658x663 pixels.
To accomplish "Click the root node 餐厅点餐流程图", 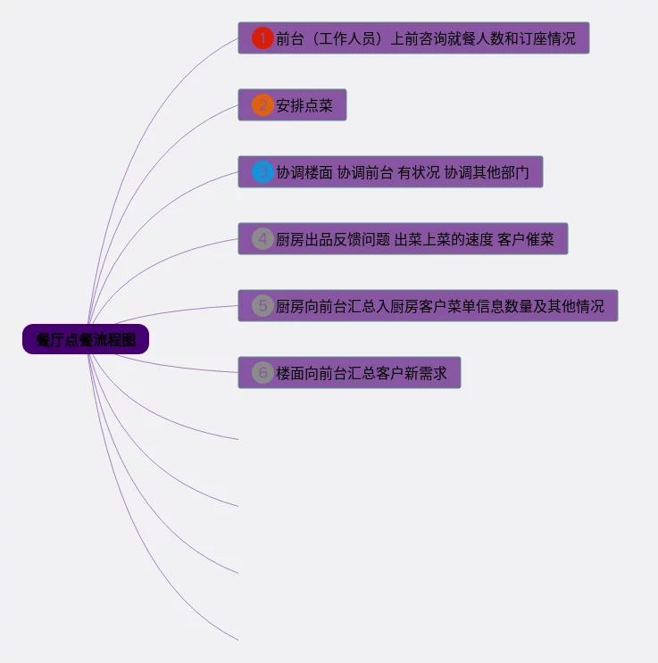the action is tap(86, 340).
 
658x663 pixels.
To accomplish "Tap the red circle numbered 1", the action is tap(262, 38).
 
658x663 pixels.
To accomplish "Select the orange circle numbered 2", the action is tap(262, 105).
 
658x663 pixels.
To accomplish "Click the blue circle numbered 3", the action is tap(262, 172).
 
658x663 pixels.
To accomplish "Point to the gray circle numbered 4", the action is tap(262, 239).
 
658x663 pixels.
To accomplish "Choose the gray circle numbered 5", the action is tap(262, 306).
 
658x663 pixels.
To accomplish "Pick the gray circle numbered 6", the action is tap(262, 372).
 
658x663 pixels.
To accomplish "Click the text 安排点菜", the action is tap(304, 106).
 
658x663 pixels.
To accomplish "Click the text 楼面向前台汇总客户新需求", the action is tap(362, 373).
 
